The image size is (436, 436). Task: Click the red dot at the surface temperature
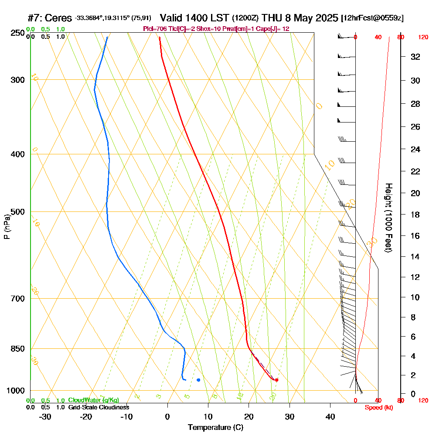[x=276, y=380]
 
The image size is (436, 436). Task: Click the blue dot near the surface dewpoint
[x=198, y=380]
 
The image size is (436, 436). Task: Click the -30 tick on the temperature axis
[x=45, y=416]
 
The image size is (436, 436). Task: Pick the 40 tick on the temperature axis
[x=330, y=416]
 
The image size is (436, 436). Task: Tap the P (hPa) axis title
[x=7, y=227]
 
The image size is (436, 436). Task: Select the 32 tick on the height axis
[x=415, y=57]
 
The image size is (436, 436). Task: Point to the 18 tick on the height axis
[x=415, y=215]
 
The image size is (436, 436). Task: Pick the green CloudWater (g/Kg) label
[x=93, y=400]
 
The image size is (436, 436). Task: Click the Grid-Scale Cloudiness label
[x=99, y=407]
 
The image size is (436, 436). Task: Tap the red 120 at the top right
[x=423, y=37]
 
